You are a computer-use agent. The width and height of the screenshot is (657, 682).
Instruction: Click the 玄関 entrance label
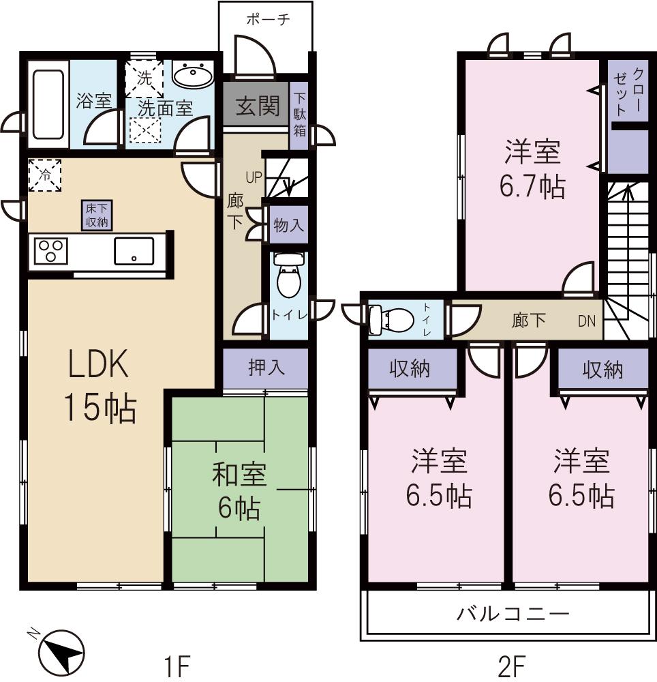(x=258, y=106)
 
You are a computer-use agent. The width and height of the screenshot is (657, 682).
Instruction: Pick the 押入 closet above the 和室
(x=266, y=368)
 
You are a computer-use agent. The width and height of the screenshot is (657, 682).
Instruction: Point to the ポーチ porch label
(x=267, y=19)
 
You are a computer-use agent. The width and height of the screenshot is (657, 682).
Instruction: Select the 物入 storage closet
(x=288, y=224)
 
